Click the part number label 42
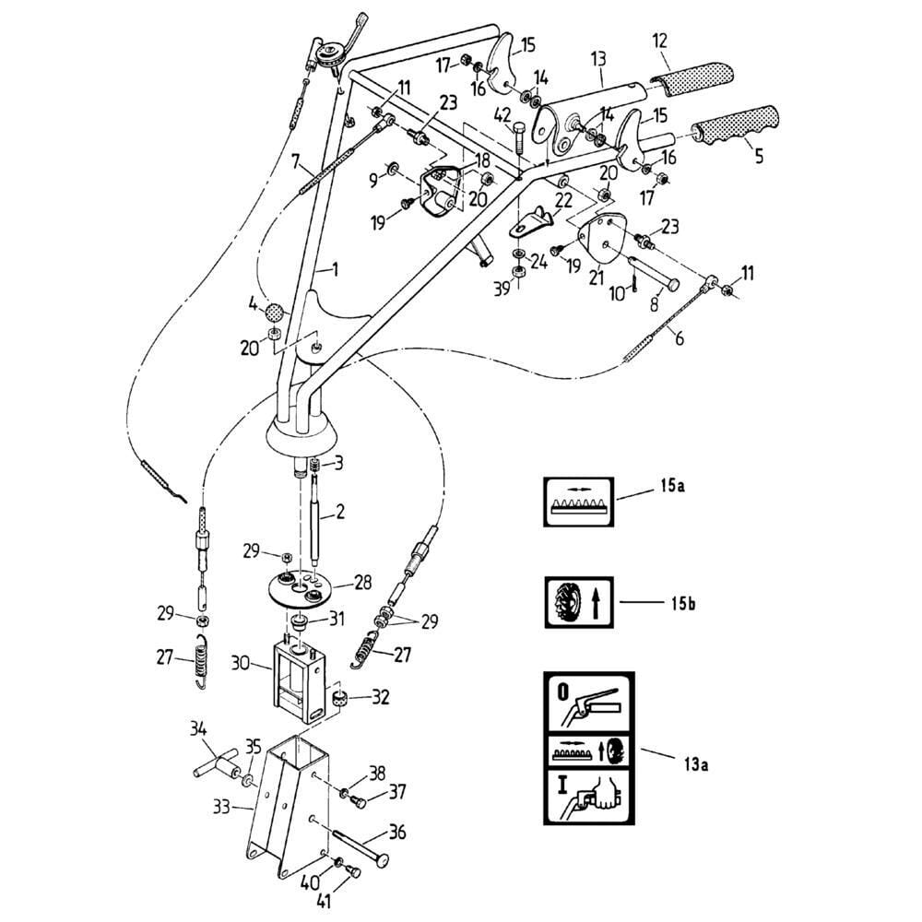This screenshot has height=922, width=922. click(x=502, y=115)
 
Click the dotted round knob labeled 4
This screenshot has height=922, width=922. click(x=274, y=310)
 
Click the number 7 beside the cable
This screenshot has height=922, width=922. click(x=295, y=162)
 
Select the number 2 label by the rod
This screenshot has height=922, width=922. click(x=340, y=513)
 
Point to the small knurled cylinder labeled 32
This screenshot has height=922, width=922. click(x=340, y=702)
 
